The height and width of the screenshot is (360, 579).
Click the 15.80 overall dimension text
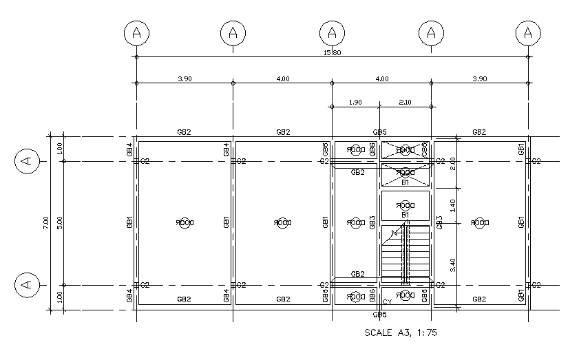point(333,53)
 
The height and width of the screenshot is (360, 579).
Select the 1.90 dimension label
point(355,103)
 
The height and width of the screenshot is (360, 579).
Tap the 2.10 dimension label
point(405,103)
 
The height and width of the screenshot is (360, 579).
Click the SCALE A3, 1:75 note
point(400,332)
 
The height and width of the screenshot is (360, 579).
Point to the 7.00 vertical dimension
point(45,222)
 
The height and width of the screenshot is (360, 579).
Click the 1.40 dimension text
point(452,204)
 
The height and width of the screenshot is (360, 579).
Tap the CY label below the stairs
point(387,302)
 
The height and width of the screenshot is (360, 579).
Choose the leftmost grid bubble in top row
point(137,32)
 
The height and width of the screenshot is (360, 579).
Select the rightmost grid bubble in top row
point(527,32)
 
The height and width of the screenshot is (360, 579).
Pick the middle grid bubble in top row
point(332,32)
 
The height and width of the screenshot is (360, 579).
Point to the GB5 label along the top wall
point(380,131)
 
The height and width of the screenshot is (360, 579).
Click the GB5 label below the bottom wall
point(380,315)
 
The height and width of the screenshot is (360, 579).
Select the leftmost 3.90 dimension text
point(185,79)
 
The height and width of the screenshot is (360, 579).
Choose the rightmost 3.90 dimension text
point(479,79)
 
